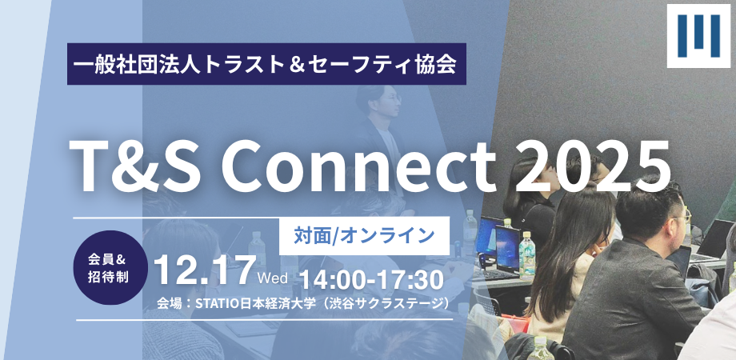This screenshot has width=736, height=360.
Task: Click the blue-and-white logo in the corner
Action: point(698,36)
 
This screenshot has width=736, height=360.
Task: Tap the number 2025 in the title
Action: point(593,167)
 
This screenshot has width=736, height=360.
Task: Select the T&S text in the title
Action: point(136,167)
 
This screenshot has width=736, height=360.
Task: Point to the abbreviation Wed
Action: point(273,278)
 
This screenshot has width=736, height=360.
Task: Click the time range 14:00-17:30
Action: point(371,280)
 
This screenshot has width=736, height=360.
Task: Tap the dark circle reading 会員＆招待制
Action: point(110,267)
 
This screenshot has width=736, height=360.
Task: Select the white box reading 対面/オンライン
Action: point(364,236)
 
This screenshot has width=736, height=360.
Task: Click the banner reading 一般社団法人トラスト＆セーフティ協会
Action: point(266,64)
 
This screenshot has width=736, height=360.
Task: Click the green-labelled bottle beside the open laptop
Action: point(526,256)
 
